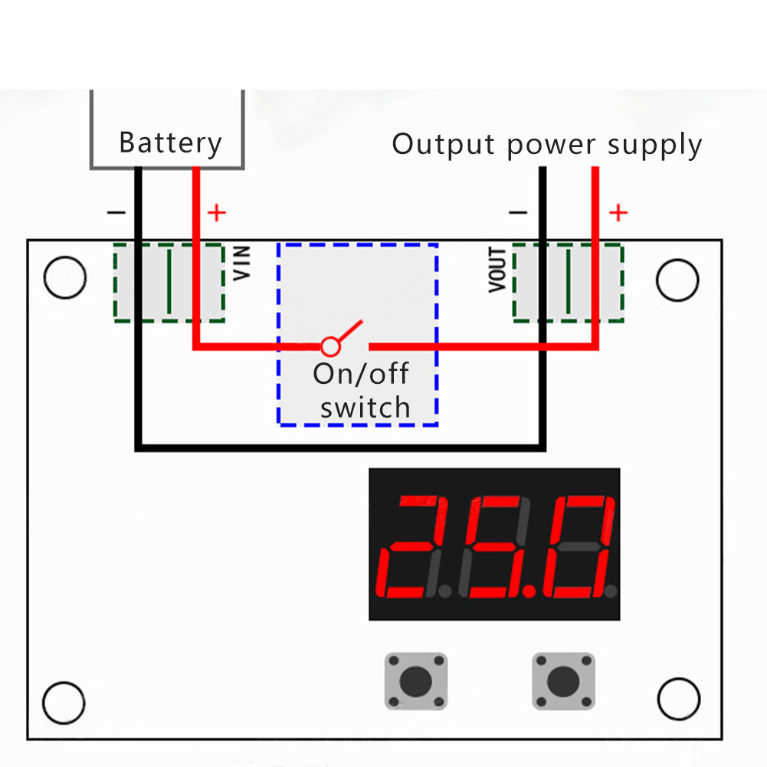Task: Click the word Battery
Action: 170,143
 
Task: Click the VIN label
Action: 242,263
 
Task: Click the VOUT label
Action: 497,270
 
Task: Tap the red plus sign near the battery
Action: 218,212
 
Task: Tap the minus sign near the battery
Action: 116,211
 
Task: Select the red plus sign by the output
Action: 618,212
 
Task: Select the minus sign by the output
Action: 518,212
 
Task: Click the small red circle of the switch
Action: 330,346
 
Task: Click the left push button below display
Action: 415,680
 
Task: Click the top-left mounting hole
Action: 65,278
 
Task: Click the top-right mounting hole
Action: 678,280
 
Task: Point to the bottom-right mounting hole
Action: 679,699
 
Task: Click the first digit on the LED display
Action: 415,546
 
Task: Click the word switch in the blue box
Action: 365,408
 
